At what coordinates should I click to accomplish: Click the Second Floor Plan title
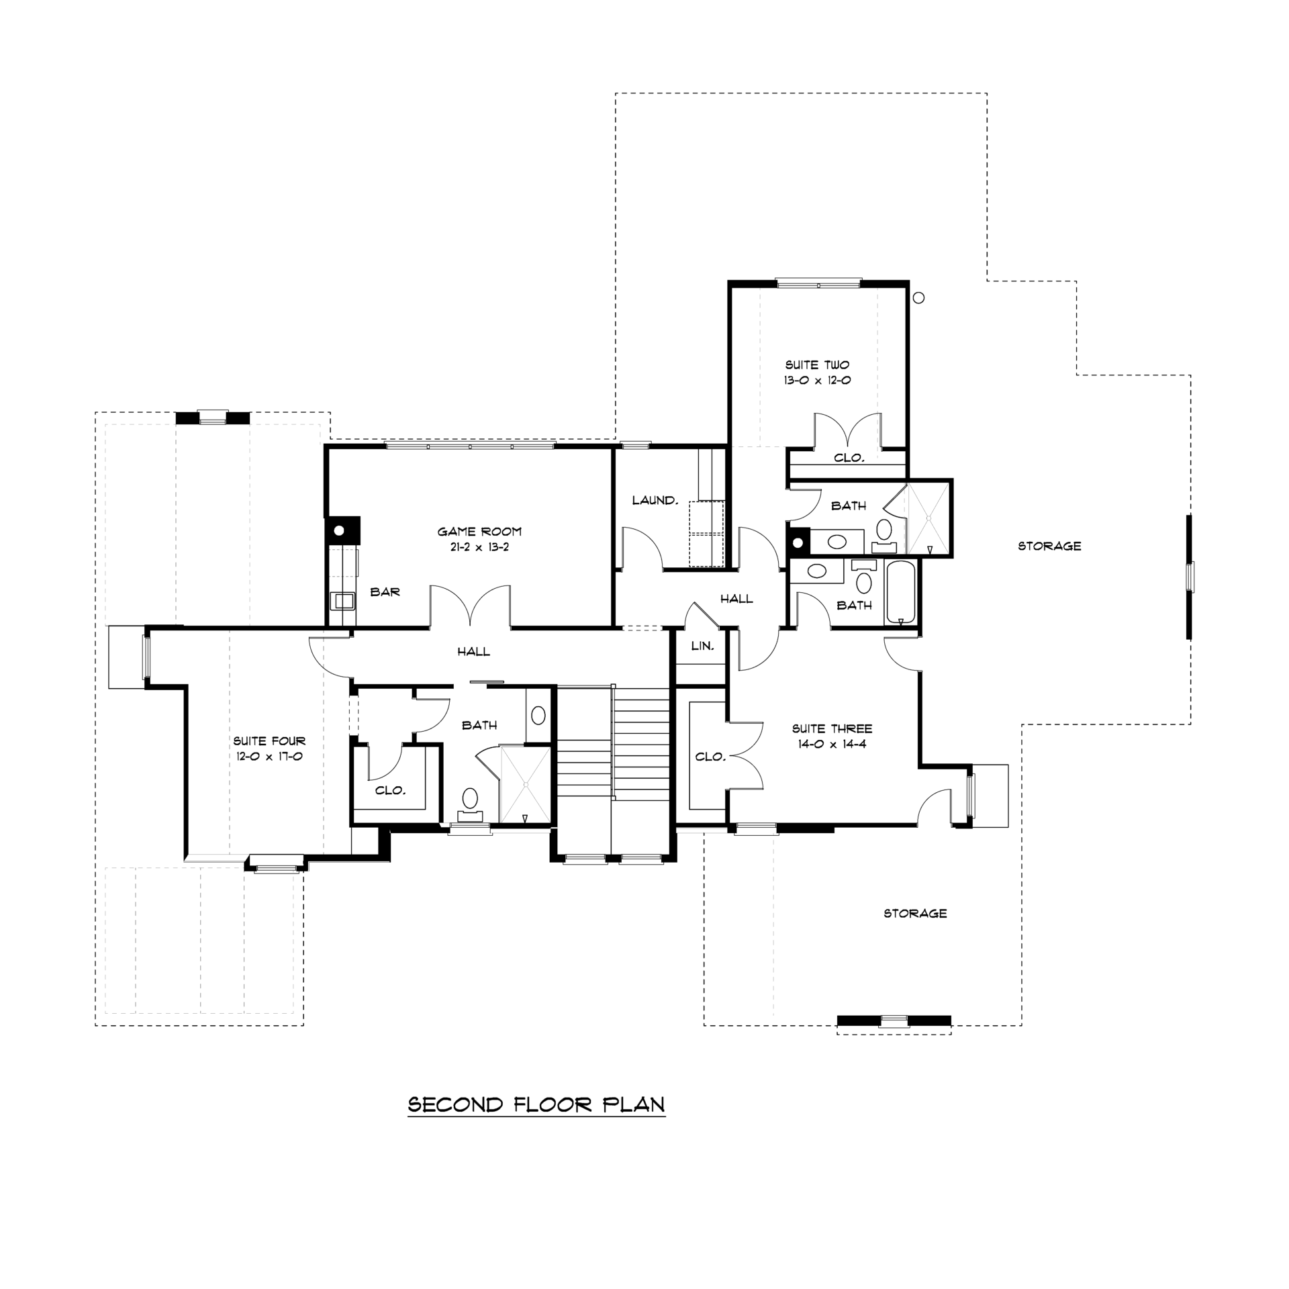(x=536, y=1104)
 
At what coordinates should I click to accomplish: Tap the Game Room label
(x=479, y=532)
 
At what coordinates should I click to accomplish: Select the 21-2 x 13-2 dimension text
(x=479, y=547)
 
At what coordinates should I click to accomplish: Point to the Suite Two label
(x=817, y=365)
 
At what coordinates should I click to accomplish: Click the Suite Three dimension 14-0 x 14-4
(x=832, y=744)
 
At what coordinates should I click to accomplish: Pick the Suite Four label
(x=269, y=741)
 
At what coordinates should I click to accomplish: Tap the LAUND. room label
(x=655, y=500)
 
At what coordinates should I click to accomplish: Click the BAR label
(x=385, y=592)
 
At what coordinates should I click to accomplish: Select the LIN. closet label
(x=702, y=647)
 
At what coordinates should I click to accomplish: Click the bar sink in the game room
(x=343, y=600)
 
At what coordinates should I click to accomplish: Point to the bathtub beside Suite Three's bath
(x=900, y=593)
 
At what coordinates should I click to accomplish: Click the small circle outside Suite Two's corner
(x=919, y=298)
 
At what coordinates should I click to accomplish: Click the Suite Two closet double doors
(x=848, y=430)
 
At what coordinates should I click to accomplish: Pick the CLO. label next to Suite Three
(x=710, y=757)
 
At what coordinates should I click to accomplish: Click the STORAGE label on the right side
(x=1049, y=546)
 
